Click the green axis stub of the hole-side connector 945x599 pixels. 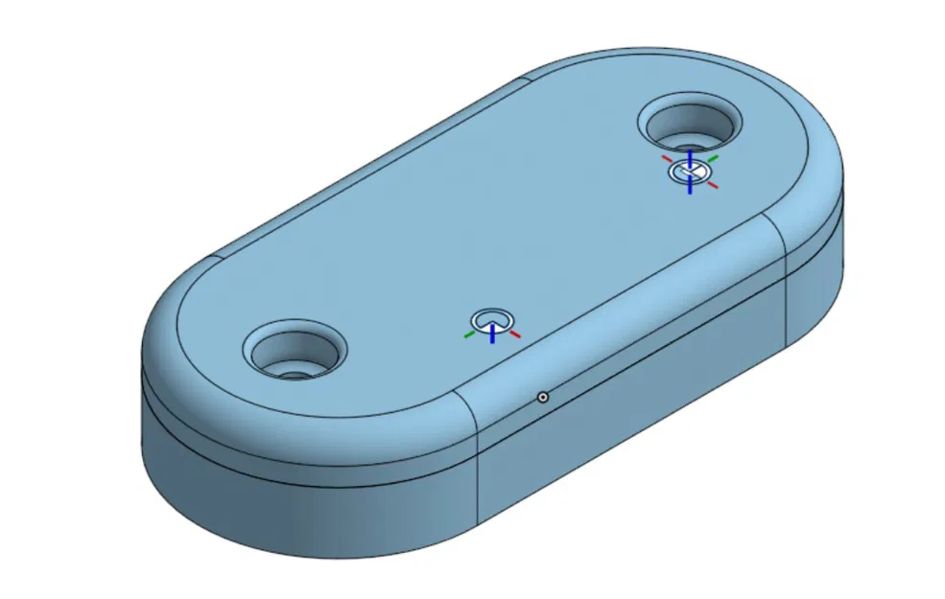point(713,156)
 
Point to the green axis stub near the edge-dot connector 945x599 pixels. point(469,334)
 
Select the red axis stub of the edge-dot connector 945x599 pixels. point(514,334)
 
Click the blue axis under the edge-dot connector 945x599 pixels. point(492,334)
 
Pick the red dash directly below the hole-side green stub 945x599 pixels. point(712,186)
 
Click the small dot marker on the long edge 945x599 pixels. point(542,396)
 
